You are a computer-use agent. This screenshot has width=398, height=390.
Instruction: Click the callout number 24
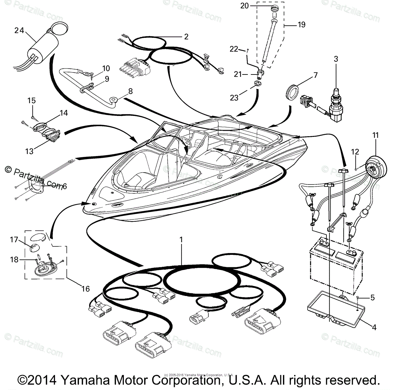[19, 30]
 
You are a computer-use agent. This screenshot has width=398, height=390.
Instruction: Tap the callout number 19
[301, 25]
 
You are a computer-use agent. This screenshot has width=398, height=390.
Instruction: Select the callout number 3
[336, 59]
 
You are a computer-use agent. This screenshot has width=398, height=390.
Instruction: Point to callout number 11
[375, 136]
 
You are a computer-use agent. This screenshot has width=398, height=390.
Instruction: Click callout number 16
[86, 289]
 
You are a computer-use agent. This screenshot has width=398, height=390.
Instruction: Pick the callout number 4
[374, 327]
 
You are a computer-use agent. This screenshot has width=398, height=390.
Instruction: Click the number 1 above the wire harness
[181, 240]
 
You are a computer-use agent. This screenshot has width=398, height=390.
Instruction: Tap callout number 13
[29, 151]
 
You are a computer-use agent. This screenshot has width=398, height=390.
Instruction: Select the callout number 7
[315, 75]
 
